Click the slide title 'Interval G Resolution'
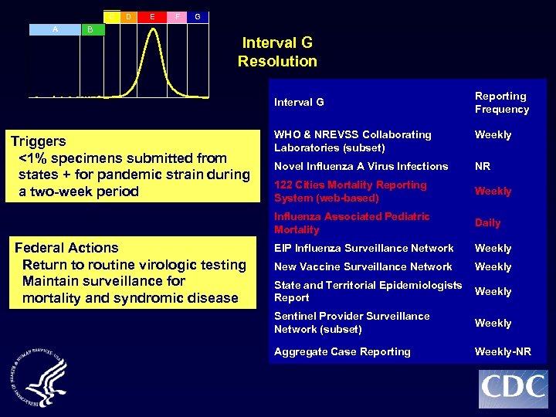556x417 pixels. coord(277,52)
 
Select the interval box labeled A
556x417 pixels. coord(55,29)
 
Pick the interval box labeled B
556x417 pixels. coord(90,29)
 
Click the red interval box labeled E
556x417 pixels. coord(152,15)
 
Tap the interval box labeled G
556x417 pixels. coord(198,16)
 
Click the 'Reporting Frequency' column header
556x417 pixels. coord(501,103)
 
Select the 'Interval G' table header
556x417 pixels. coord(299,102)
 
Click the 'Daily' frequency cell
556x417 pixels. coord(487,222)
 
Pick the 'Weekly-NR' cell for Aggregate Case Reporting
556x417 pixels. coord(503,351)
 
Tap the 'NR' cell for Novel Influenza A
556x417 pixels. coord(483,166)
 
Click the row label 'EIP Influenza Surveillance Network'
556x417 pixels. coord(364,248)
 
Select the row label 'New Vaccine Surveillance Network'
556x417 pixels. coord(363,266)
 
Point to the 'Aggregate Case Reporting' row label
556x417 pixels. coord(342,351)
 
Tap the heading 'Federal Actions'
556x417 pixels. coord(66,248)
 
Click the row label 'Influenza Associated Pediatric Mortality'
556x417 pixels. coord(351,222)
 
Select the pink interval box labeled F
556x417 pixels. coord(178,15)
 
